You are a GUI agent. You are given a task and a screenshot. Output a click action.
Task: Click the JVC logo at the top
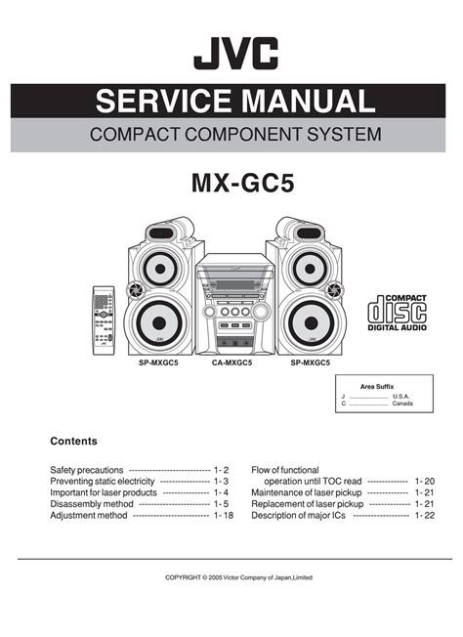click(x=236, y=53)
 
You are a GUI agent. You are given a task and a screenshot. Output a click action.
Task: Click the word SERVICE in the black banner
click(x=163, y=101)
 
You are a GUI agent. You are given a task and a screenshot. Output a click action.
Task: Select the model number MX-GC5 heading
click(x=243, y=184)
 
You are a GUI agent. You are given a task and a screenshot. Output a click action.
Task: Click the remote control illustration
click(x=104, y=320)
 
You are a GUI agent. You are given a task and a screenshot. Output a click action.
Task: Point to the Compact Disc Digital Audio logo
click(x=397, y=313)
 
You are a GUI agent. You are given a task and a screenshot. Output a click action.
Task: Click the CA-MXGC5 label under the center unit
click(x=231, y=362)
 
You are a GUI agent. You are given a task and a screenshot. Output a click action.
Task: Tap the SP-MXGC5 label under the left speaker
click(x=158, y=362)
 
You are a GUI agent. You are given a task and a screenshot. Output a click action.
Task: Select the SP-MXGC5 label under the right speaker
click(x=311, y=362)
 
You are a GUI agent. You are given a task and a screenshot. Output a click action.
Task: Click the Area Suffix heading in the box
click(x=377, y=386)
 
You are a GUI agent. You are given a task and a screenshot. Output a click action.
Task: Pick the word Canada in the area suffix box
click(x=402, y=403)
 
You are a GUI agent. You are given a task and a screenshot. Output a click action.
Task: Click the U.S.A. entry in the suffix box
click(x=400, y=396)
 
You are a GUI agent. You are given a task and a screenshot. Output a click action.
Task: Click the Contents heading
click(x=74, y=442)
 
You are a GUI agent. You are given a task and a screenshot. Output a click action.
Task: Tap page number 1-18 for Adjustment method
click(x=224, y=515)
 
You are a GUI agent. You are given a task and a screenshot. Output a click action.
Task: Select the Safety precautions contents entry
click(x=87, y=470)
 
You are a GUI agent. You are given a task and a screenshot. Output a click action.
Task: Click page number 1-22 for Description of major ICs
click(x=425, y=515)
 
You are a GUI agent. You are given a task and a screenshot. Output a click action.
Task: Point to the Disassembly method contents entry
click(x=92, y=504)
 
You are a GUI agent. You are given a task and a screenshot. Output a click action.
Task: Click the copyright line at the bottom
click(x=238, y=577)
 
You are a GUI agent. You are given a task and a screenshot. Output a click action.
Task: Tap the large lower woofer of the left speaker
click(x=159, y=323)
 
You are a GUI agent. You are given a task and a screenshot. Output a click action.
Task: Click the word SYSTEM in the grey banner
click(x=344, y=135)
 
